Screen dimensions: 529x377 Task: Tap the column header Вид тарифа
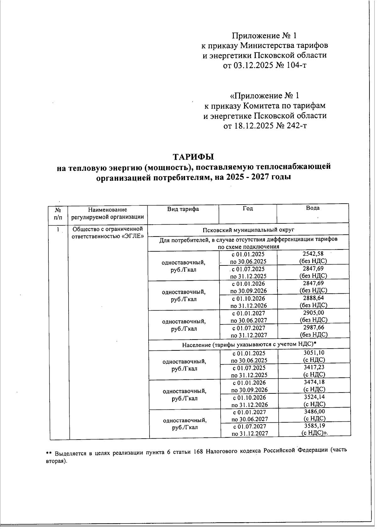[183, 209]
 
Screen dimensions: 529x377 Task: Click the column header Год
[248, 208]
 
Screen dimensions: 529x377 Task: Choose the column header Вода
[313, 208]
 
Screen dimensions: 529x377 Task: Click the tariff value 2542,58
[313, 254]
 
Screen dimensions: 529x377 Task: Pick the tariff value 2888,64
[313, 298]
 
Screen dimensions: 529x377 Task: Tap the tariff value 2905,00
[314, 313]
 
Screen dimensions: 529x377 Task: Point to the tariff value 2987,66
[314, 327]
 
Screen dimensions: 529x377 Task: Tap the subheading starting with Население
[249, 345]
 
